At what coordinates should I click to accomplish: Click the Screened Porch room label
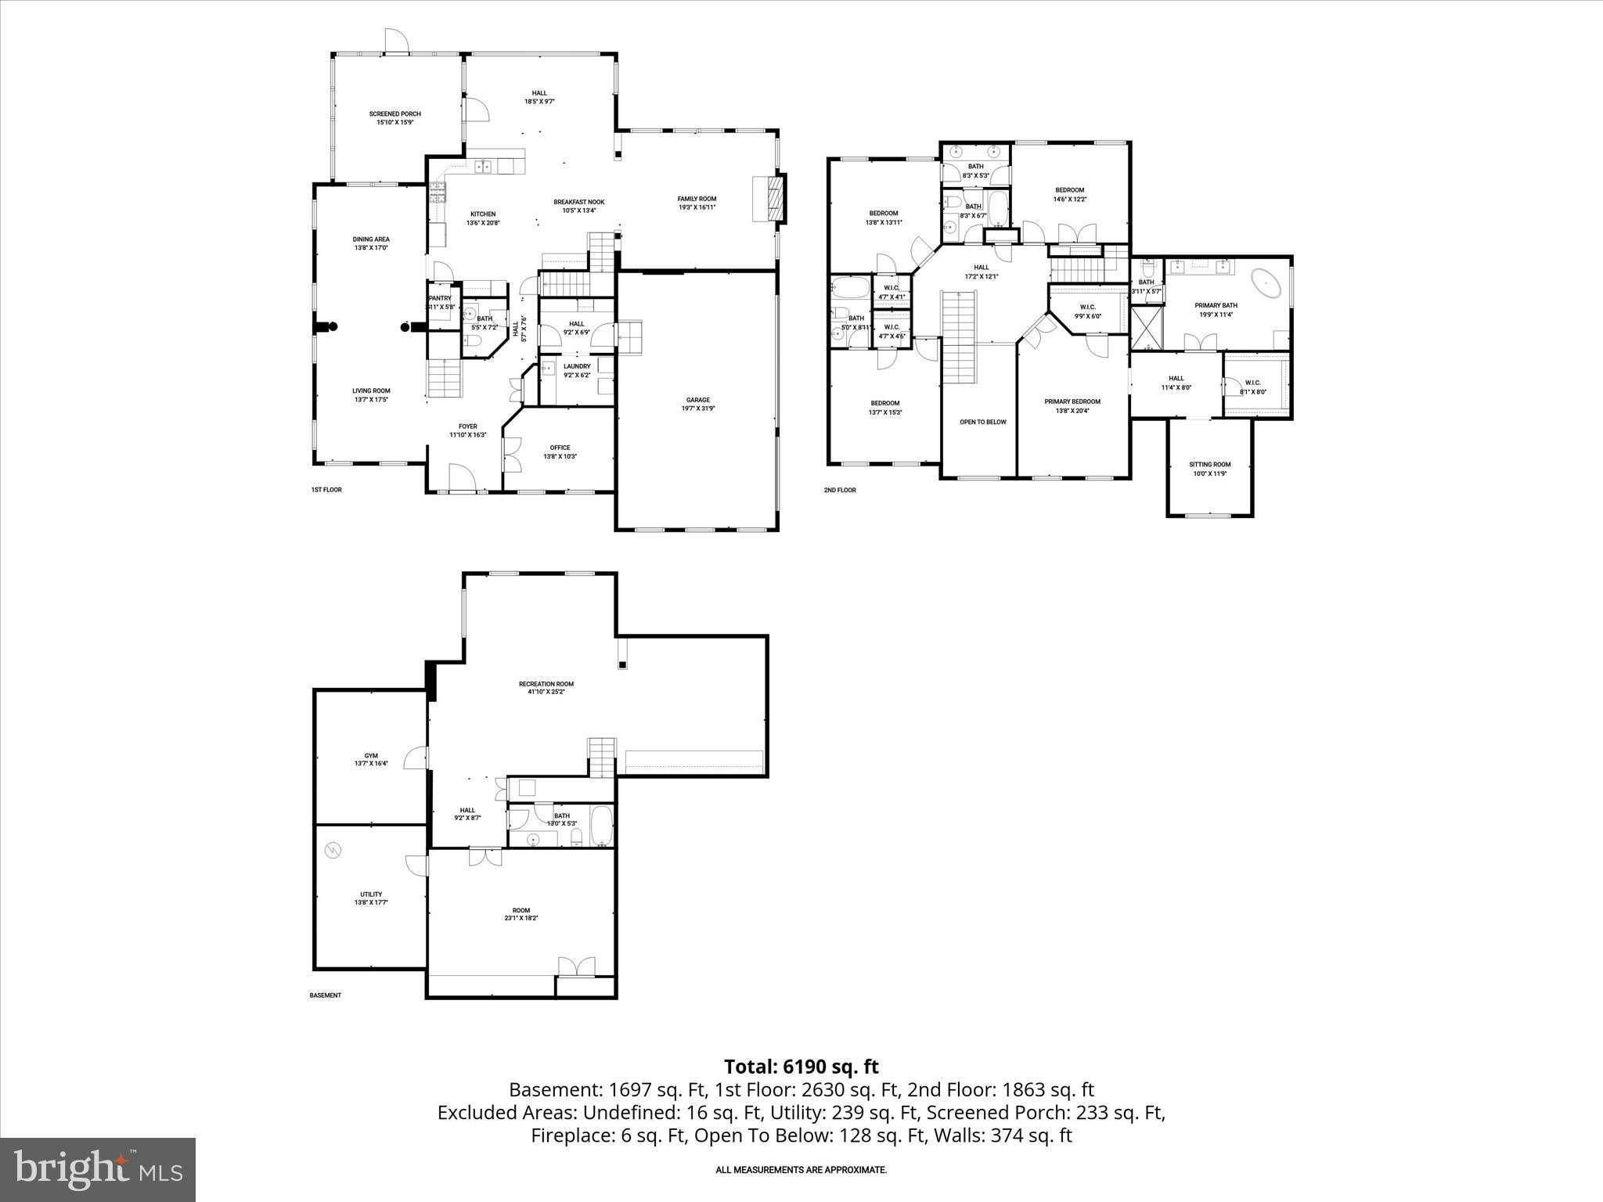(x=394, y=114)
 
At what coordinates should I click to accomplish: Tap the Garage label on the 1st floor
(x=697, y=400)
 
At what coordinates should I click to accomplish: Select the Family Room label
(x=697, y=199)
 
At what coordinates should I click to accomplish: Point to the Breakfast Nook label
(x=578, y=202)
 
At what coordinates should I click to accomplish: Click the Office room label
(x=560, y=448)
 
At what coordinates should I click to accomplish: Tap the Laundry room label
(x=577, y=366)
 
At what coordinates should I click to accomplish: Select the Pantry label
(x=440, y=298)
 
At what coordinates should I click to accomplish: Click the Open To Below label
(x=983, y=422)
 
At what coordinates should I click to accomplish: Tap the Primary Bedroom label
(x=1072, y=401)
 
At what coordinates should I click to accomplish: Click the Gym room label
(x=371, y=756)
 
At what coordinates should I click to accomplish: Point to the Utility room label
(x=371, y=894)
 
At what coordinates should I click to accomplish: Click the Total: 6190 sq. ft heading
(x=801, y=1067)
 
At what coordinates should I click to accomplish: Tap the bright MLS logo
(x=98, y=1170)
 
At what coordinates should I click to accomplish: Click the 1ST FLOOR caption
(x=326, y=490)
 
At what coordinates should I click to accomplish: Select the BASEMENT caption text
(x=326, y=995)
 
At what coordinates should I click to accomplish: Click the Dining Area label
(x=371, y=239)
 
